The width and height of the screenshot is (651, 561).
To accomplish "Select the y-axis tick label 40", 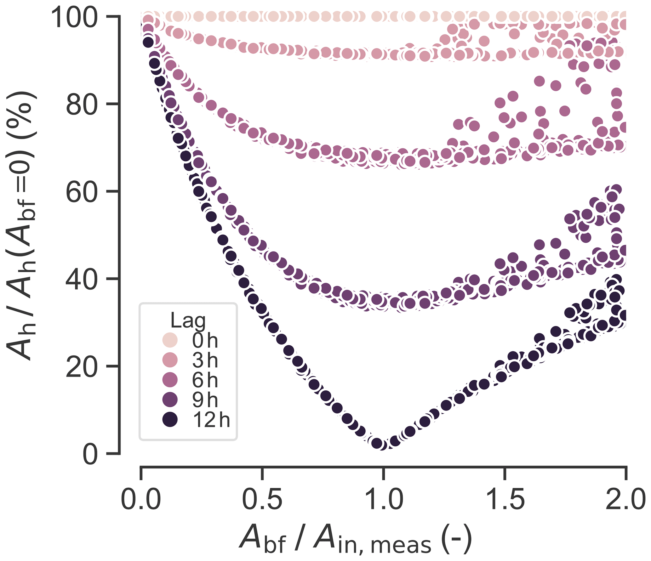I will click(x=83, y=279).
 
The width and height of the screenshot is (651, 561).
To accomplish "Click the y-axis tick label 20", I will click(x=83, y=367).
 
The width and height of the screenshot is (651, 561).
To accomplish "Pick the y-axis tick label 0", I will click(x=90, y=454).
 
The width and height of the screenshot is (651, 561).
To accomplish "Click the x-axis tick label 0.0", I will click(x=141, y=500).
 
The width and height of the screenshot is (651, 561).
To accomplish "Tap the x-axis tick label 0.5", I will click(x=262, y=500).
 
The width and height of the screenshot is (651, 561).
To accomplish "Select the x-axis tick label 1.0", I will click(x=383, y=500).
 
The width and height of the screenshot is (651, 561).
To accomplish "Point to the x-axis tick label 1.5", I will click(x=505, y=500).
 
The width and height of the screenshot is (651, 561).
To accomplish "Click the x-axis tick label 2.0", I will click(x=625, y=500).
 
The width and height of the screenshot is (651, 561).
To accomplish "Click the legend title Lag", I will click(x=188, y=321).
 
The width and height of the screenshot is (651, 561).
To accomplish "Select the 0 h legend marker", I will click(x=170, y=340).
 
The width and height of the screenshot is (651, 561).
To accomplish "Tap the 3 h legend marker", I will click(x=170, y=360).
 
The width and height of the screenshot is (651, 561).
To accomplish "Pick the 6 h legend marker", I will click(x=170, y=380).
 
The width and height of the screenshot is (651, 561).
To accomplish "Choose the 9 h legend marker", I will click(x=170, y=399).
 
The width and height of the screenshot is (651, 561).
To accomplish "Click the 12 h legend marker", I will click(x=170, y=420).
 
